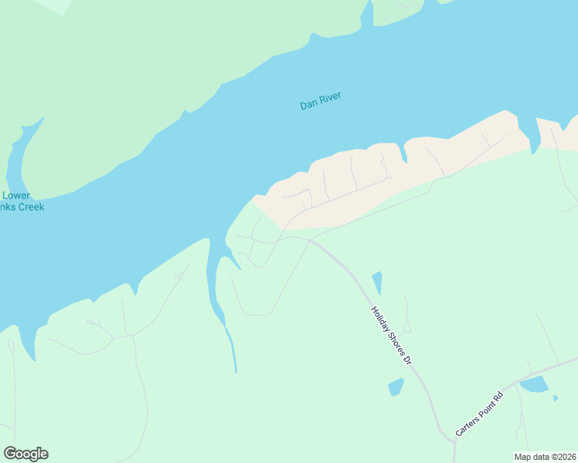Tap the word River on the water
click(x=330, y=98)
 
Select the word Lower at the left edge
click(x=16, y=196)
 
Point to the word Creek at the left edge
click(x=31, y=207)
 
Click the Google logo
click(x=25, y=454)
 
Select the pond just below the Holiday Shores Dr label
click(x=396, y=387)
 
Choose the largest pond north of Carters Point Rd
click(x=534, y=384)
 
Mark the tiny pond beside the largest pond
click(x=556, y=398)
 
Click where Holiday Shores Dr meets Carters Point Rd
click(x=454, y=441)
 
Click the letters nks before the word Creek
click(x=8, y=207)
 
